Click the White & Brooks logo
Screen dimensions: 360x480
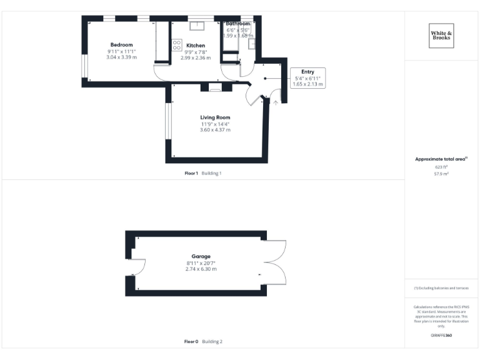coord(441,35)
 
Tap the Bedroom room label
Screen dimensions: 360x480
coord(121,45)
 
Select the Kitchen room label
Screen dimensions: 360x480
coord(196,46)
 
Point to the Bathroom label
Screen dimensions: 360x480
coord(238,24)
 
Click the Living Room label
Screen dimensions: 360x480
coord(215,117)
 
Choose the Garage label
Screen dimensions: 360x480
coord(201,256)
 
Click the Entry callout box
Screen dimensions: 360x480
coord(307,77)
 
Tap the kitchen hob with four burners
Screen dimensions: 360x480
coord(176,45)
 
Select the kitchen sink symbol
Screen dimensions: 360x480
coord(197,26)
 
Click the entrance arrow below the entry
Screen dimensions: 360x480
coord(276,102)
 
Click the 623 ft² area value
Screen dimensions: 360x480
coord(441,167)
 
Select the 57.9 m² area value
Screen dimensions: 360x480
coord(441,174)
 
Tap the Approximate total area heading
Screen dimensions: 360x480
coord(441,159)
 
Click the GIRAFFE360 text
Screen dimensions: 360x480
coord(441,336)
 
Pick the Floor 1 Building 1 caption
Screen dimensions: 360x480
coord(202,172)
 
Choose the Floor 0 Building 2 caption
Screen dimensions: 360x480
coord(203,342)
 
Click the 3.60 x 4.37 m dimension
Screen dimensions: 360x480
coord(215,130)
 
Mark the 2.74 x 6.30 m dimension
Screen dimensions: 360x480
coord(201,269)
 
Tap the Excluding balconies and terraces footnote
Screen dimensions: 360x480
coord(441,287)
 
